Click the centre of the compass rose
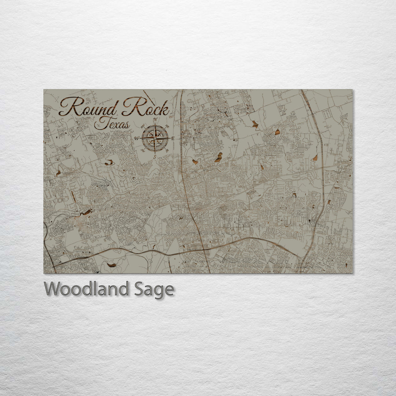point(155,138)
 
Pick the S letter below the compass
point(155,157)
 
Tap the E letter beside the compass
point(173,138)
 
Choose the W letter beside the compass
point(136,138)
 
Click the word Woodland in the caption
point(87,289)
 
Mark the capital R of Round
point(70,107)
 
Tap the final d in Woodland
point(124,289)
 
